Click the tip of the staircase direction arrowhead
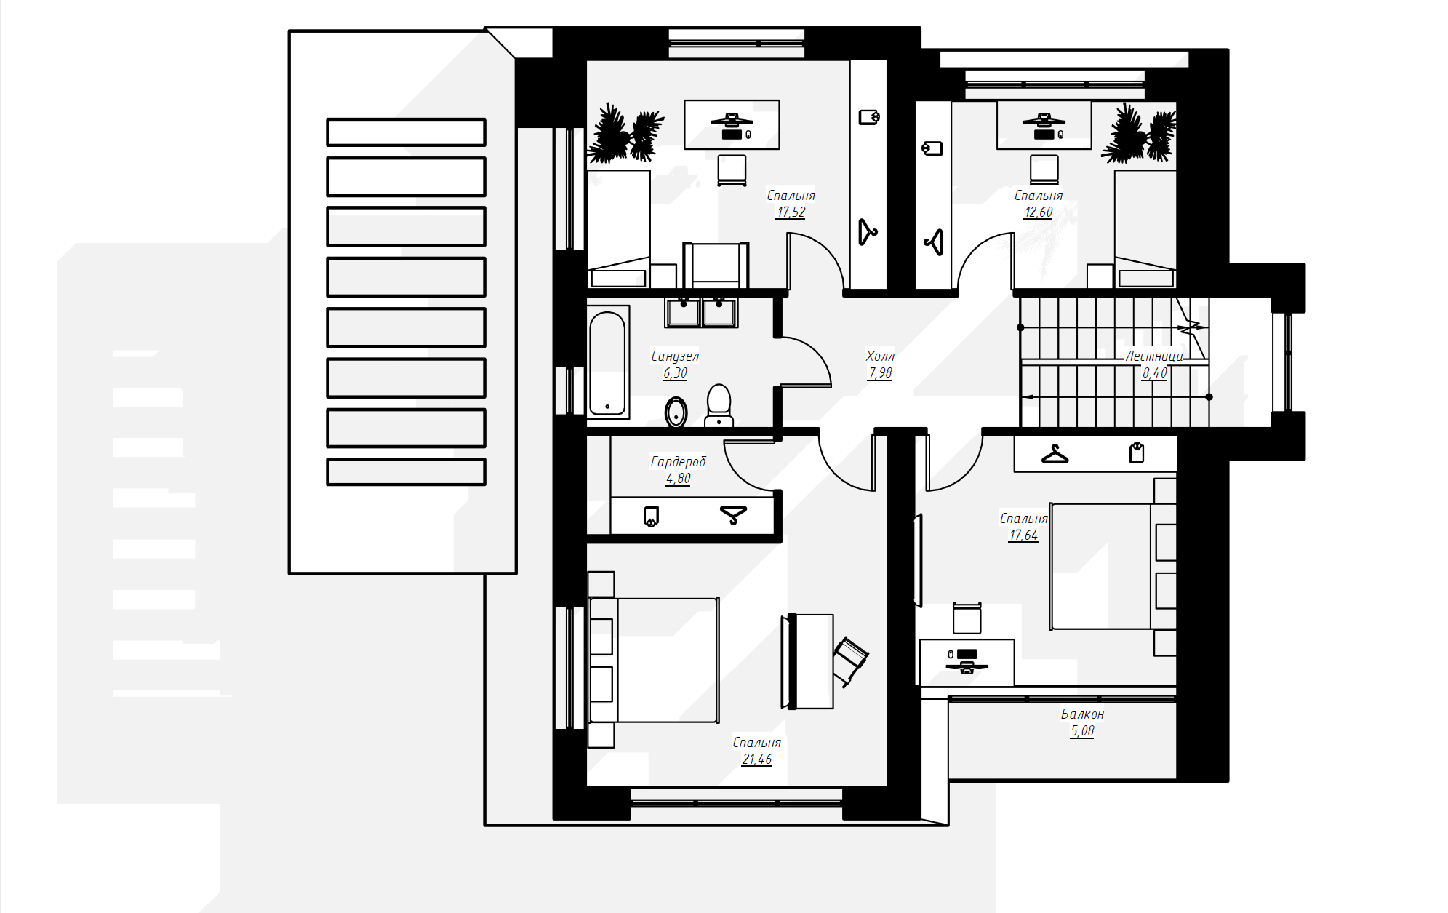coord(1022,397)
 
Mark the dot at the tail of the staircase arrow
coord(1209,397)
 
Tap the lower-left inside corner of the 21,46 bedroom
coord(588,785)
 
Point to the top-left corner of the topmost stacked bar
coord(327,119)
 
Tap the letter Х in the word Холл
coord(871,356)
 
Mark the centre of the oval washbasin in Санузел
coord(676,412)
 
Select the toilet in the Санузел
coord(719,405)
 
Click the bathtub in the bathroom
coord(607,363)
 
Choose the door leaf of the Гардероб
coord(749,441)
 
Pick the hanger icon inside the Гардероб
coord(733,515)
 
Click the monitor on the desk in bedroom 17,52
coord(732,121)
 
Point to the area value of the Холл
coord(880,373)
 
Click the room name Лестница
coord(1154,356)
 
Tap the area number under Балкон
coord(1082,731)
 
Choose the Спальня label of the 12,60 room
coord(1039,196)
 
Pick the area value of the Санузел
coord(675,373)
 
